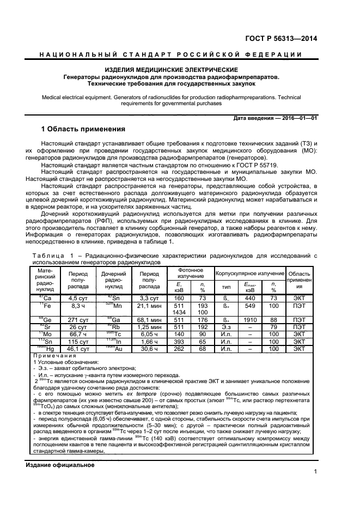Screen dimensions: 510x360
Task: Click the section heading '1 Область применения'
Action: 83,129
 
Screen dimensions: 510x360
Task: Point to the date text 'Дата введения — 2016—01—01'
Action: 274,118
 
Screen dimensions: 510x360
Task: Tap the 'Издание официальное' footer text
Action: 60,465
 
